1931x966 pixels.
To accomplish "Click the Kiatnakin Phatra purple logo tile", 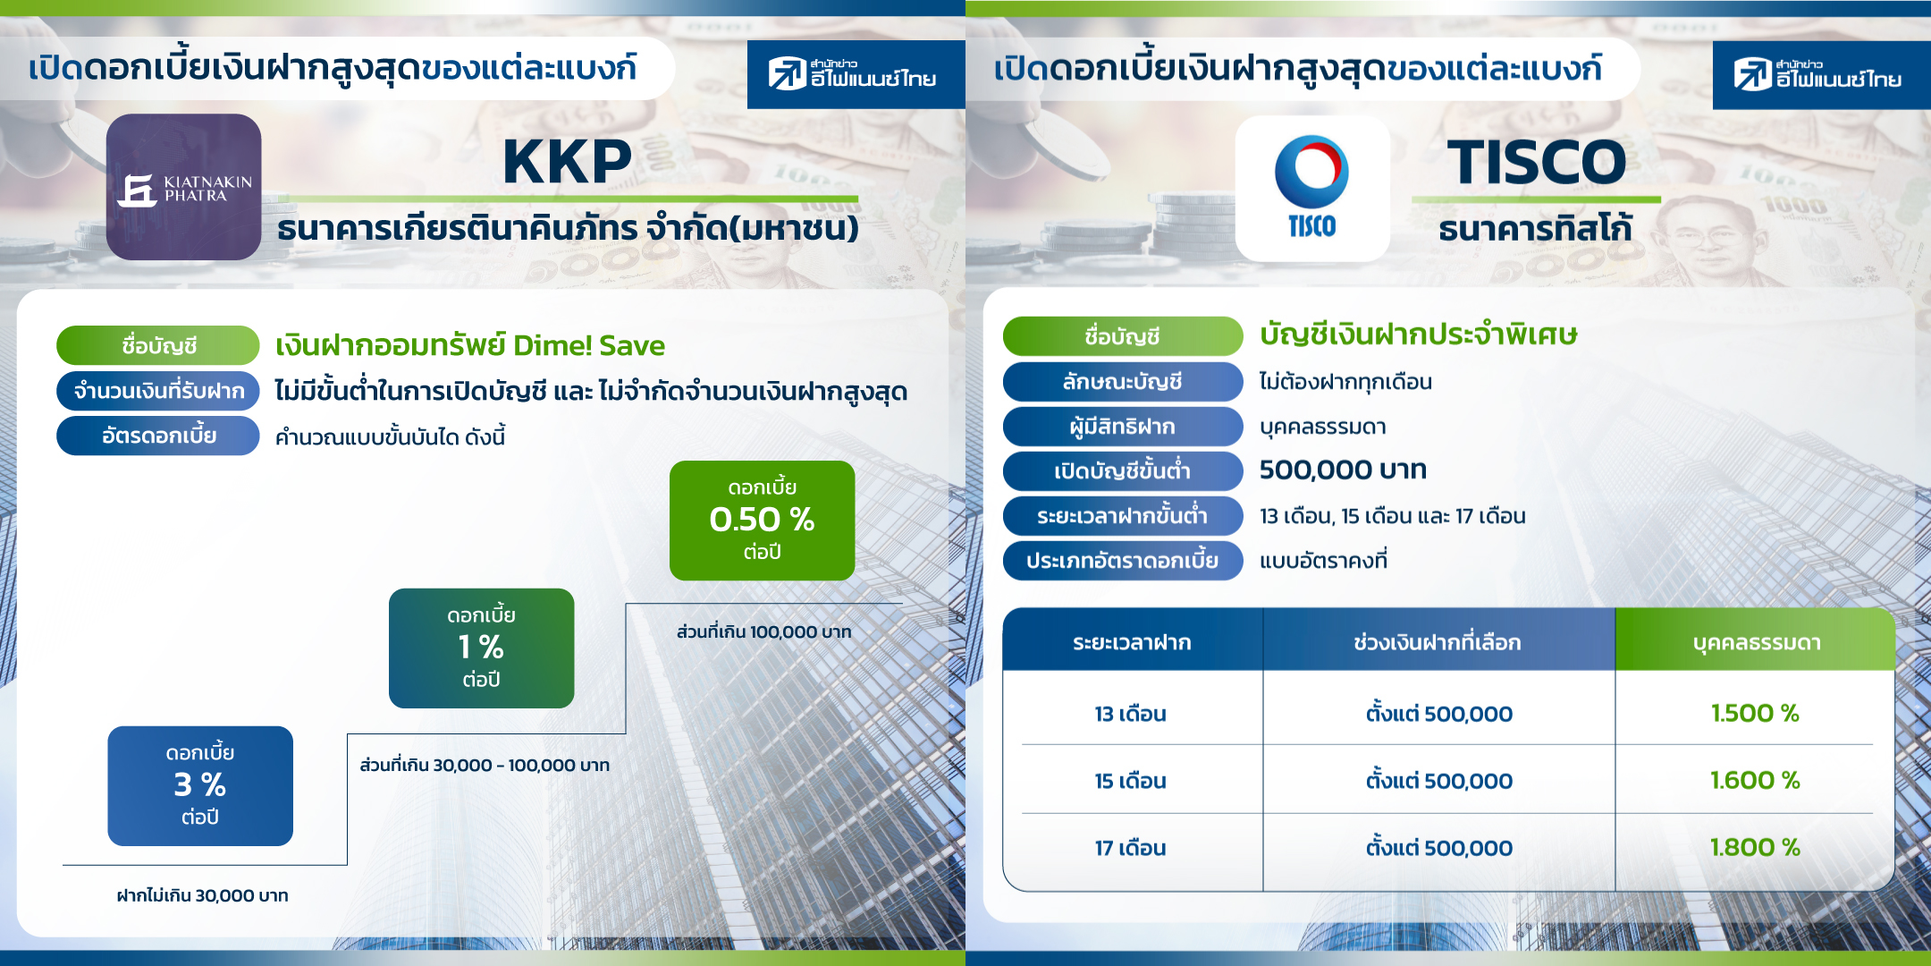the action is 183,187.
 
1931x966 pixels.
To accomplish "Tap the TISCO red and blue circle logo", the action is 1311,171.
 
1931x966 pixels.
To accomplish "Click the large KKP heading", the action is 567,162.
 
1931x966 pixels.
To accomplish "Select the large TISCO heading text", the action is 1537,162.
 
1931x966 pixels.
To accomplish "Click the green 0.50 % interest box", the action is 762,521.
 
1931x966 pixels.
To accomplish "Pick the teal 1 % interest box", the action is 481,648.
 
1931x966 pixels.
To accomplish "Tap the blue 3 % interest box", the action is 200,786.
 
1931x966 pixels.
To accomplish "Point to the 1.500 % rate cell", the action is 1755,713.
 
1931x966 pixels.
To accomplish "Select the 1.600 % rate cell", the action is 1755,780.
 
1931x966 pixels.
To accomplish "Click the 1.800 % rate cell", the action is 1755,847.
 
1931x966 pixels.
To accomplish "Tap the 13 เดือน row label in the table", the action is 1131,714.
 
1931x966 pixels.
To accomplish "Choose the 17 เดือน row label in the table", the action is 1131,848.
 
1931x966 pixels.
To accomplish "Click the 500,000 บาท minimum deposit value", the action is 1343,470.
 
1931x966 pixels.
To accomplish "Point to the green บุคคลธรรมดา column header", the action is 1756,641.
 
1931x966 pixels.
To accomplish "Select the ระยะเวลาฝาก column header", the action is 1133,641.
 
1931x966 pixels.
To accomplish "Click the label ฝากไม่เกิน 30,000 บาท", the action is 202,895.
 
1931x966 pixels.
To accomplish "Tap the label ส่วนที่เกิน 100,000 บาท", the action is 763,631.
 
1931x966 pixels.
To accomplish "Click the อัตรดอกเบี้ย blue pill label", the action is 158,436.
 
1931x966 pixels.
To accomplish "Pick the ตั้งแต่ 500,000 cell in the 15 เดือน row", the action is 1438,781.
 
